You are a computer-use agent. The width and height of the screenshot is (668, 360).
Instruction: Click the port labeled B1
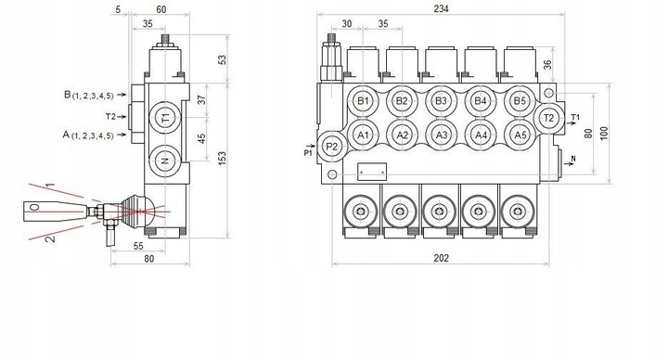(x=363, y=101)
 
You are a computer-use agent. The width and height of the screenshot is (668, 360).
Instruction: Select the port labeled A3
(x=442, y=135)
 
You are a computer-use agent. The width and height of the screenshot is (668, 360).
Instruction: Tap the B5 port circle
(x=520, y=101)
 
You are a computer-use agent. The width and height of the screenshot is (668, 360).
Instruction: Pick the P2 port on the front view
(x=332, y=147)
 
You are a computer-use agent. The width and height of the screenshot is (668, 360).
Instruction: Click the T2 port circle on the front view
(x=548, y=118)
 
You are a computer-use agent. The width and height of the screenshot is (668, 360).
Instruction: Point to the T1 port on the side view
(x=165, y=117)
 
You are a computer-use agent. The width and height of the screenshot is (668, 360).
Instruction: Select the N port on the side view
(x=165, y=161)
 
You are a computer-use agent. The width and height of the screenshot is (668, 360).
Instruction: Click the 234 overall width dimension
(x=441, y=8)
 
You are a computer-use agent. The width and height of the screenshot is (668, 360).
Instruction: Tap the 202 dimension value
(x=441, y=258)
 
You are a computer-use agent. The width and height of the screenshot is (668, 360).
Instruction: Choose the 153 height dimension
(x=222, y=158)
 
